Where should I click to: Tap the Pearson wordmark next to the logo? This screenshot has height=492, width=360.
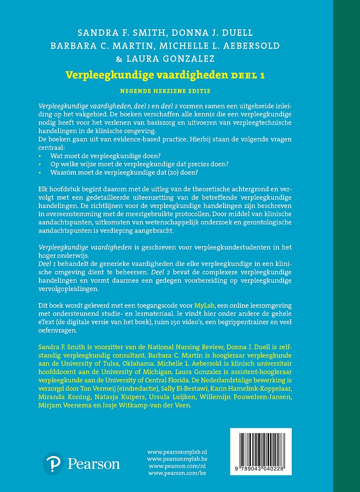pos(94,464)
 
